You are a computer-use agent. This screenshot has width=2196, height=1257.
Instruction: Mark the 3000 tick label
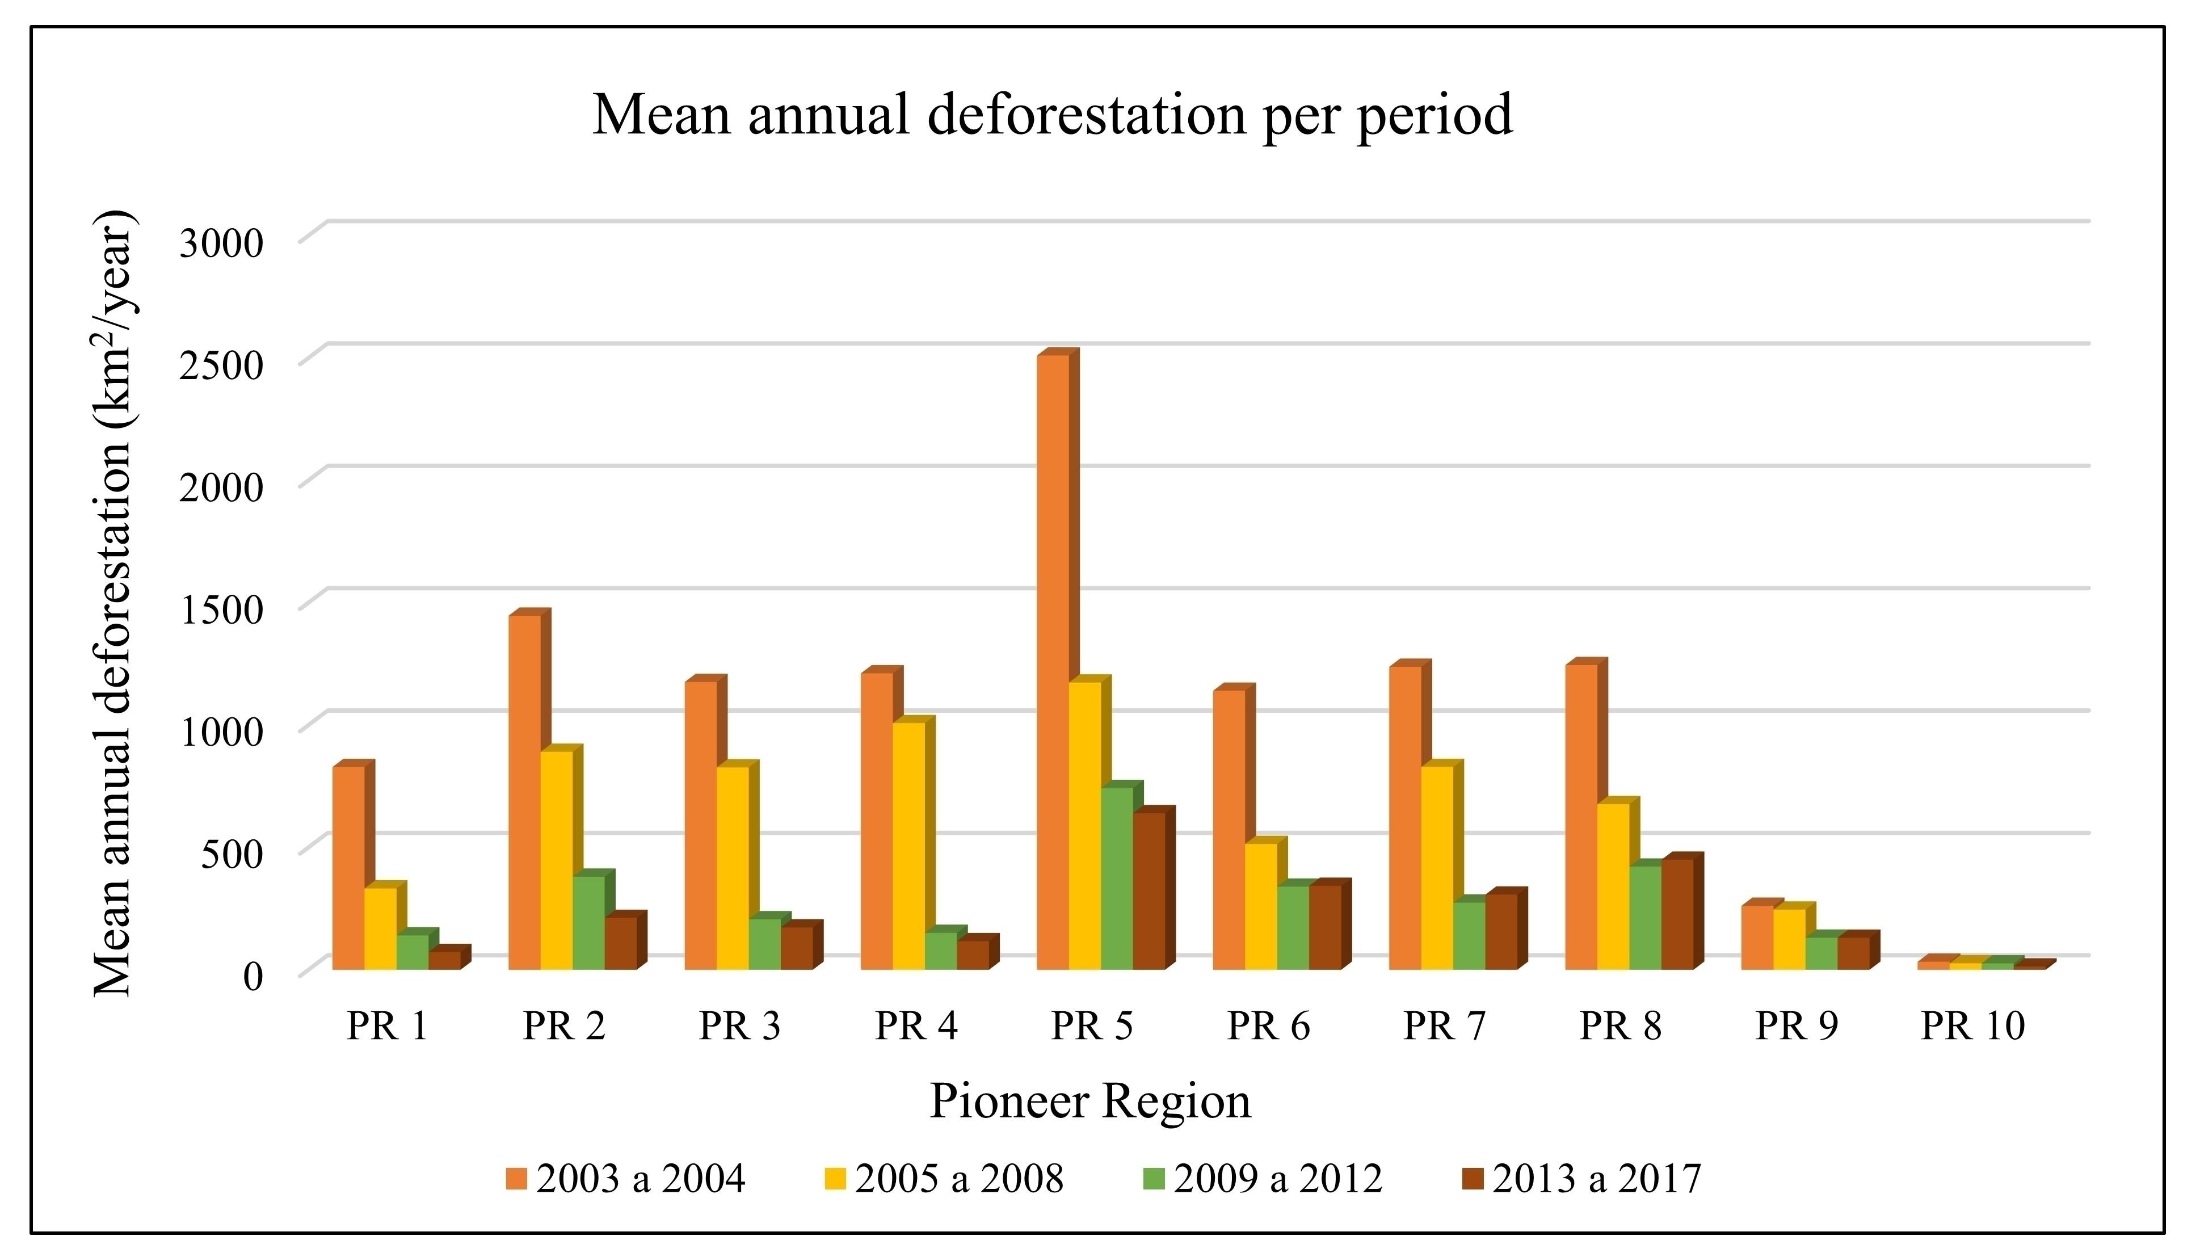[x=220, y=242]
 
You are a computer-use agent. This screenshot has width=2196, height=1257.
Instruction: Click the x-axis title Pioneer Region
[x=1089, y=1102]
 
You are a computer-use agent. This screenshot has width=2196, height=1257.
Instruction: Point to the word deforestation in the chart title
[x=1087, y=115]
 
